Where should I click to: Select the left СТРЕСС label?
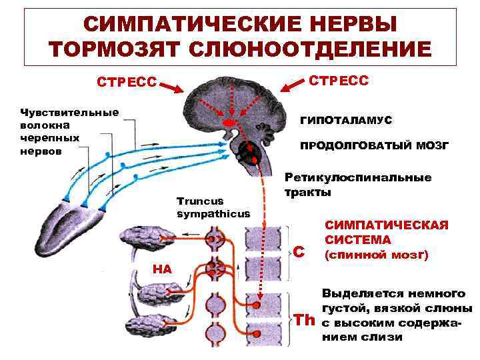[x=127, y=83]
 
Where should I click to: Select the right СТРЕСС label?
[x=339, y=80]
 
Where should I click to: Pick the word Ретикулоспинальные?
[x=358, y=178]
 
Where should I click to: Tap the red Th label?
[x=305, y=320]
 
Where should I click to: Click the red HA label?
[x=162, y=269]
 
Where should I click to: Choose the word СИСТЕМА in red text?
[x=358, y=239]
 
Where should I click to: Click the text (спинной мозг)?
[x=376, y=255]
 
